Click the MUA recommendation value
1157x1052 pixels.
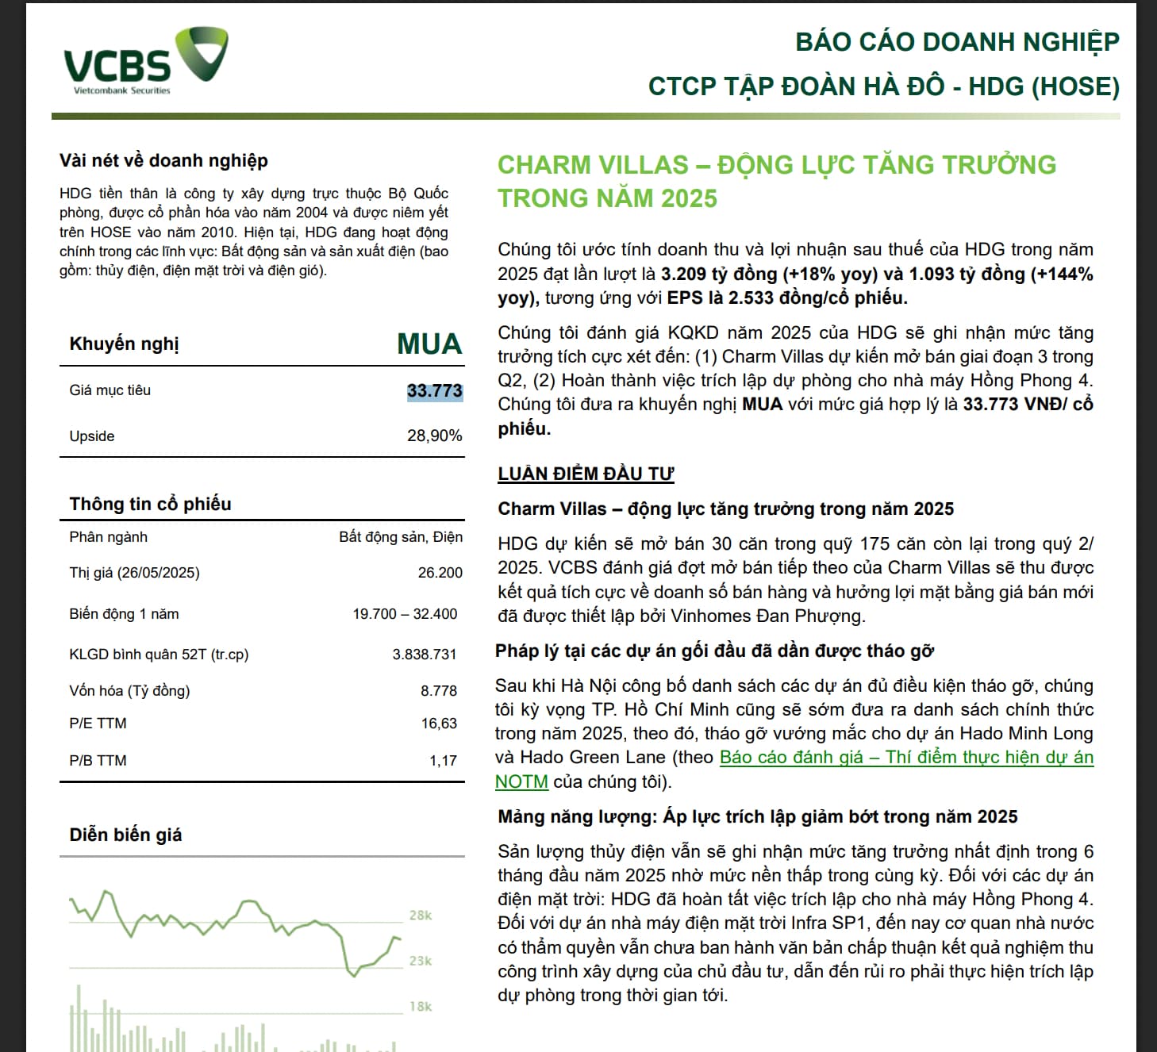[x=429, y=344]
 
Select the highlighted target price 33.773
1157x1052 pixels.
[x=434, y=390]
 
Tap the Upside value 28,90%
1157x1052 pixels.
[x=434, y=436]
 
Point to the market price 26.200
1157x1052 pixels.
[x=440, y=573]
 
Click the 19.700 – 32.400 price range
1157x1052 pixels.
[x=405, y=614]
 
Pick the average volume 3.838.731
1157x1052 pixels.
[x=425, y=655]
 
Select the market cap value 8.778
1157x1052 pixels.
[x=439, y=691]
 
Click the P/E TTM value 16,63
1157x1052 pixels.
[x=439, y=724]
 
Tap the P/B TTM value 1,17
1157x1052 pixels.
[x=443, y=761]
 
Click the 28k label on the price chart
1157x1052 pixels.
[x=421, y=916]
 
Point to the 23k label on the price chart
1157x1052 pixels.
[x=421, y=961]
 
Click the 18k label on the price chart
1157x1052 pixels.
[x=421, y=1007]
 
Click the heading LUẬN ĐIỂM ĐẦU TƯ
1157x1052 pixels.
[x=586, y=474]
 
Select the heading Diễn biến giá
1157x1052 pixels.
[x=125, y=835]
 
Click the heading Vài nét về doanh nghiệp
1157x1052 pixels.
[x=163, y=160]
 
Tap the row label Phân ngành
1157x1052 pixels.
[x=108, y=537]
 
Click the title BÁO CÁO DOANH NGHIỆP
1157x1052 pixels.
[x=957, y=42]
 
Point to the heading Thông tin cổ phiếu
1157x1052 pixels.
[x=150, y=504]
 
